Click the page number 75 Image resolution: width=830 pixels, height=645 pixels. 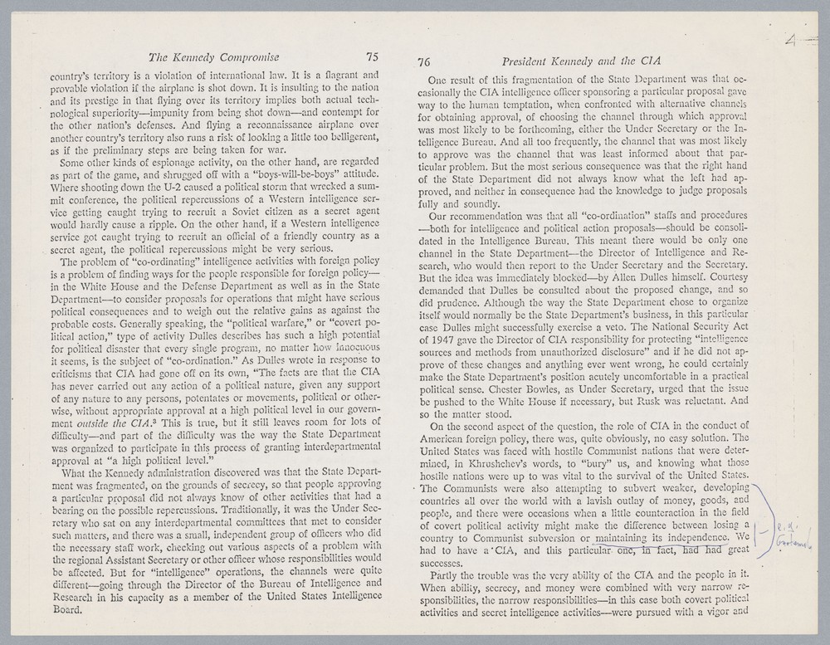click(371, 57)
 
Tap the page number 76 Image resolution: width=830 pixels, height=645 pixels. click(424, 62)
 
